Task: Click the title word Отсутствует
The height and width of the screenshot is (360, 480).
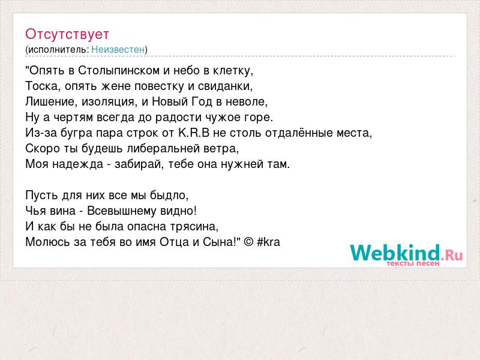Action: pos(67,34)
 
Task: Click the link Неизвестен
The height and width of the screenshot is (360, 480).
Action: pos(118,49)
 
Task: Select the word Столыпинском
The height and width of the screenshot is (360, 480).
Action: pos(119,71)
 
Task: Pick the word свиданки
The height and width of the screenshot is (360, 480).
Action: pos(226,86)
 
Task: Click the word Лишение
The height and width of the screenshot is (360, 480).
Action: pos(50,101)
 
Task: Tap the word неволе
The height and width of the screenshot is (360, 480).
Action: pos(247,101)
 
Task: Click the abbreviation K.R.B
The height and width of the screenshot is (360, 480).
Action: pos(194,133)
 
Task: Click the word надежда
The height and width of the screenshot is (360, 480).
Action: pos(78,164)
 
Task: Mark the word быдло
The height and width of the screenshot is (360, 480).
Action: pos(169,196)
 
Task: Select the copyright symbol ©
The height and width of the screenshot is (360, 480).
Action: pos(249,242)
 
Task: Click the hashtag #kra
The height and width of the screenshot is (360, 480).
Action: pos(268,242)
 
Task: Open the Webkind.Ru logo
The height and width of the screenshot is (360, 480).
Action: pos(406,254)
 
